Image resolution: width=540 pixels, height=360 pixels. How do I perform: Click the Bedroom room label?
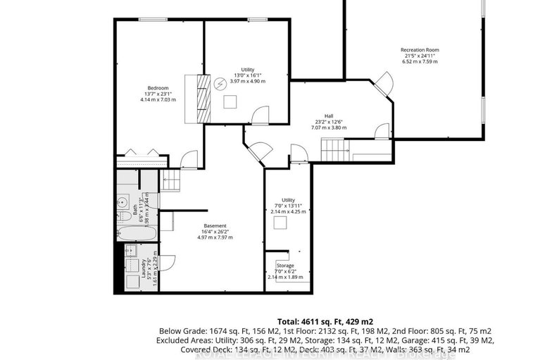[157, 87]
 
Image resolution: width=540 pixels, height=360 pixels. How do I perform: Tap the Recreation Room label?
[419, 50]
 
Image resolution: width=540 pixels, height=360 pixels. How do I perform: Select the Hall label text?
[328, 116]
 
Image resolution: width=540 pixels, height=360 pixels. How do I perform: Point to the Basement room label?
[215, 225]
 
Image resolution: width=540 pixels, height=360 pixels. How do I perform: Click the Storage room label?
[285, 266]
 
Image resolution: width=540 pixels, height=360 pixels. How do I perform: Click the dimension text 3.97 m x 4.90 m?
[247, 81]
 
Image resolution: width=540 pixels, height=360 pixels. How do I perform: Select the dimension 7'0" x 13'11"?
[286, 205]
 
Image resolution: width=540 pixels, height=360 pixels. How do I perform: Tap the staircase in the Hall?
[334, 149]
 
